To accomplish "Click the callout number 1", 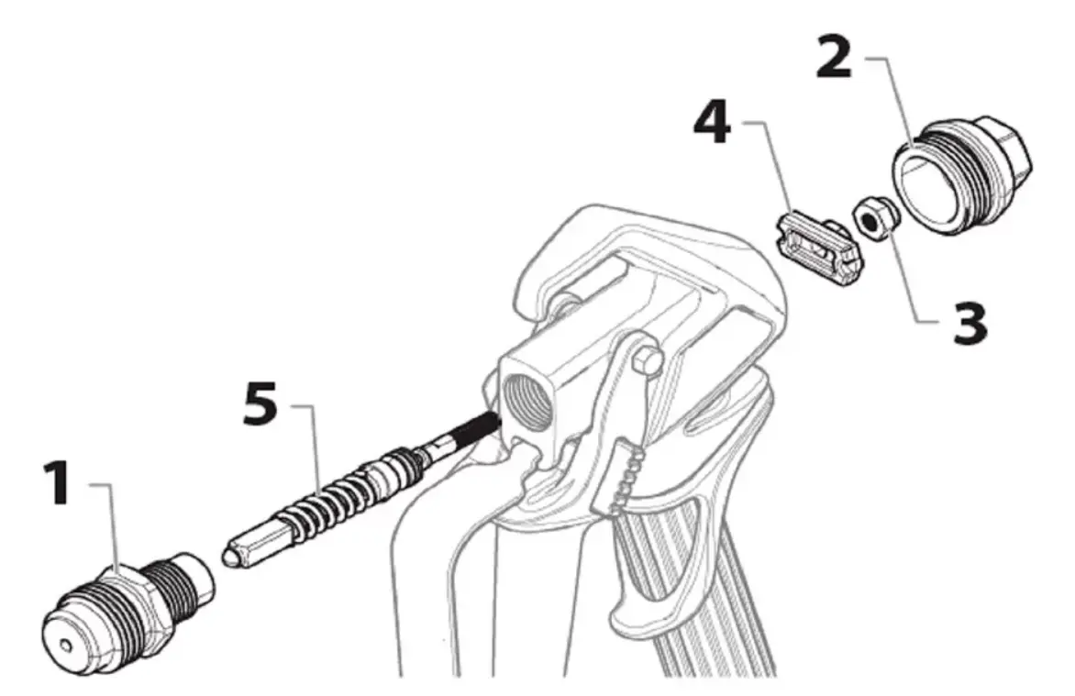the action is pos(57,482).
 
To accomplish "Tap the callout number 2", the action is pos(835,58).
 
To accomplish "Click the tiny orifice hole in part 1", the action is pos(66,645).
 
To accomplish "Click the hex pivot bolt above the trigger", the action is pos(648,360).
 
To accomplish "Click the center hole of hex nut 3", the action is pos(870,219).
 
